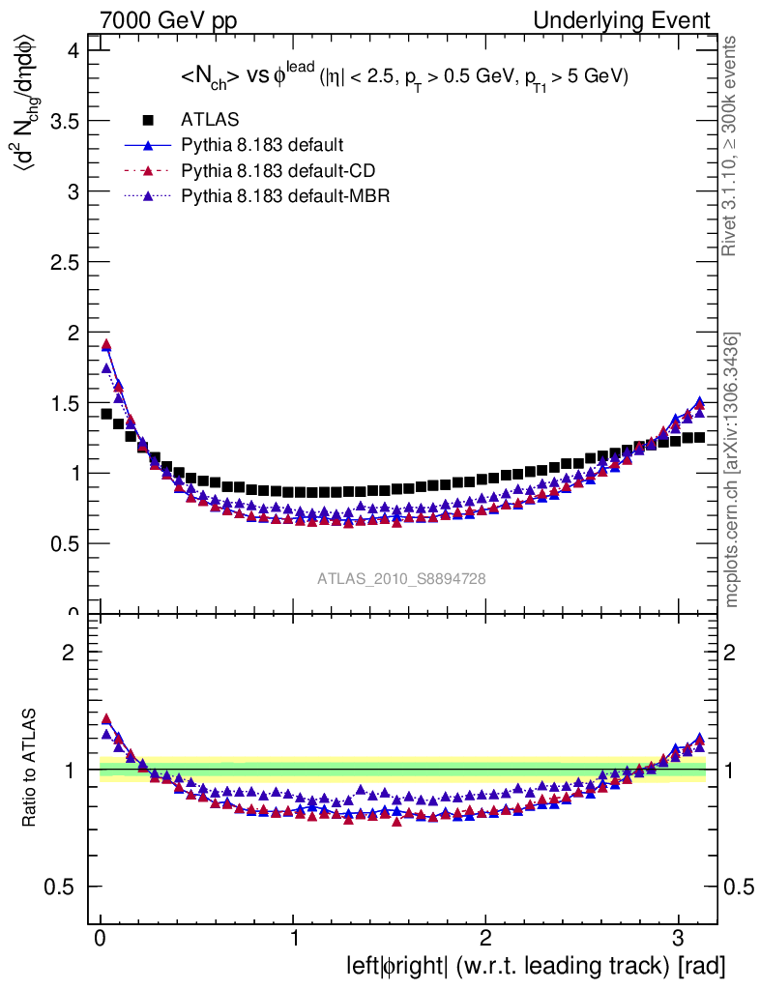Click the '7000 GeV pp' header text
[x=169, y=20]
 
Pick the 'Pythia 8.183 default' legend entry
[x=261, y=145]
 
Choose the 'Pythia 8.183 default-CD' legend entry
[x=277, y=171]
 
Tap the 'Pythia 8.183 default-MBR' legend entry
[x=281, y=196]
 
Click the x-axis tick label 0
[x=101, y=940]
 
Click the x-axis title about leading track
[x=536, y=965]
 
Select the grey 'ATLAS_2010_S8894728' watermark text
[x=401, y=578]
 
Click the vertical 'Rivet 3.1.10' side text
[x=731, y=146]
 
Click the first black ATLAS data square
[x=106, y=414]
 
